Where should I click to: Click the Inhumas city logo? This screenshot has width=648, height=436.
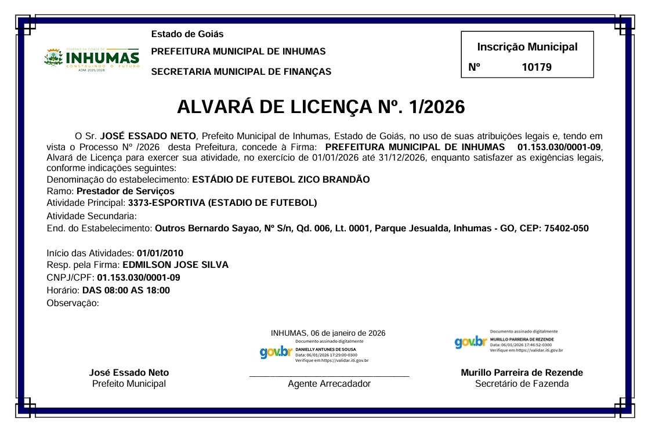(92, 59)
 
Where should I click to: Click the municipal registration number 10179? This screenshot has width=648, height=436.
(537, 67)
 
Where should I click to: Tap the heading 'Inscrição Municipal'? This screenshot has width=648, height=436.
(527, 47)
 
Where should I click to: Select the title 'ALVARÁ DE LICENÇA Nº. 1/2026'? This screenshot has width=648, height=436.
(321, 107)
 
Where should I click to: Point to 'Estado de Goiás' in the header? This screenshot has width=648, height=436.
(187, 34)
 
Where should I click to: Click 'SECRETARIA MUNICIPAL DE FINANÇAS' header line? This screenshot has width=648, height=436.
(241, 72)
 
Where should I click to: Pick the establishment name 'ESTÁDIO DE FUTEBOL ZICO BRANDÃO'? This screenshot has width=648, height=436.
(281, 179)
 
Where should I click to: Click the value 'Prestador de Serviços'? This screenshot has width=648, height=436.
(125, 191)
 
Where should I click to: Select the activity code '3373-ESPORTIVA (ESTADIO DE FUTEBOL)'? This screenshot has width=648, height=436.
(222, 202)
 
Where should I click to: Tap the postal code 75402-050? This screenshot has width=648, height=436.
(566, 228)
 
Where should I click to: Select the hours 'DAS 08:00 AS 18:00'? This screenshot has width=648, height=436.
(126, 290)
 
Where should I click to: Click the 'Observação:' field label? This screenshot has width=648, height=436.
(73, 303)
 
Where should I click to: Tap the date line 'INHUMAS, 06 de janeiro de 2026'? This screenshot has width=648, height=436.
(328, 333)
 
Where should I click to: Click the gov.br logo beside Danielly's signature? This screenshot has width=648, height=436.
(276, 352)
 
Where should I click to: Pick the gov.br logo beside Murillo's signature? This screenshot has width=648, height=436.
(470, 342)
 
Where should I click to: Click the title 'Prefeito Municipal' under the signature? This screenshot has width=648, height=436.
(129, 384)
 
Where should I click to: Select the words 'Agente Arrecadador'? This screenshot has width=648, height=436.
(329, 384)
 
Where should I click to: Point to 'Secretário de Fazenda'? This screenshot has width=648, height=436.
(522, 384)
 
